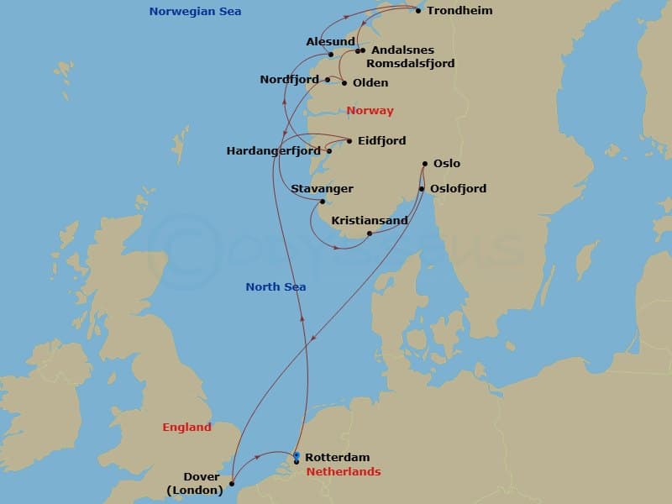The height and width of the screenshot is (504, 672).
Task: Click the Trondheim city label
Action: [459, 11]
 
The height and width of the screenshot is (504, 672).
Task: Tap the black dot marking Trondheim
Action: [418, 11]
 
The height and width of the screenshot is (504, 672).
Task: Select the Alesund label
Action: [330, 41]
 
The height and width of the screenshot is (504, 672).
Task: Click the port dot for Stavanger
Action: [322, 202]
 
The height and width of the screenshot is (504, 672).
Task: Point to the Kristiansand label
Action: [370, 221]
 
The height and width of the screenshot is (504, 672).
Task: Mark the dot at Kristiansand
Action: [370, 234]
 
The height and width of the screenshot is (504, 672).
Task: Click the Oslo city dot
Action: [425, 164]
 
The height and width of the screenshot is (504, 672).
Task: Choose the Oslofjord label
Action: [458, 189]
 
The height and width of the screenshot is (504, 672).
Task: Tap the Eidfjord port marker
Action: [349, 141]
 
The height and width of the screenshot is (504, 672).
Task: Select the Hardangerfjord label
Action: [274, 151]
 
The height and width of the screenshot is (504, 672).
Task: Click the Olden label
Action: [370, 82]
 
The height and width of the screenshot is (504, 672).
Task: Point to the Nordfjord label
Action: [290, 80]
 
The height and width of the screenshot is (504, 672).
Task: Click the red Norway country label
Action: [370, 111]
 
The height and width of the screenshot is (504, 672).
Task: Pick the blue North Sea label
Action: [276, 287]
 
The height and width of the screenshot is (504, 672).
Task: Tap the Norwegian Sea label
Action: [195, 11]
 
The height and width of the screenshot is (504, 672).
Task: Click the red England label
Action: [186, 428]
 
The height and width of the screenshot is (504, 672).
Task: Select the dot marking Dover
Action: [232, 484]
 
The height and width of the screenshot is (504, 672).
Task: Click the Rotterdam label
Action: [337, 457]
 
